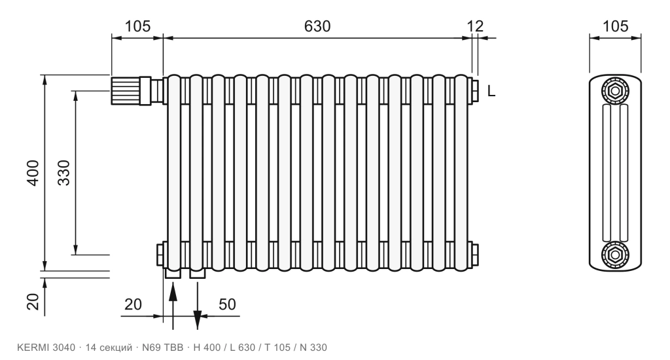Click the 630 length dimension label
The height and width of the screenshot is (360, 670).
coord(317,26)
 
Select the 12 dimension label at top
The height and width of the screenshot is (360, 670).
coord(475,26)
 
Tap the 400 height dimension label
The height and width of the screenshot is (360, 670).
coord(33,173)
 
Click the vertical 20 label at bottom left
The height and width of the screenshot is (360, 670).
coord(33,302)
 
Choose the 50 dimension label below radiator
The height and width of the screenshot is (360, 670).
coord(227,304)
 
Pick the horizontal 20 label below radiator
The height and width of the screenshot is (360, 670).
coord(133,304)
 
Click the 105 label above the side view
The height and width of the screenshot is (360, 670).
coord(615,26)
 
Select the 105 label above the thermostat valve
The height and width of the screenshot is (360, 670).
coord(137,26)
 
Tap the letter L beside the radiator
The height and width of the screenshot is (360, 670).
coord(491,90)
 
